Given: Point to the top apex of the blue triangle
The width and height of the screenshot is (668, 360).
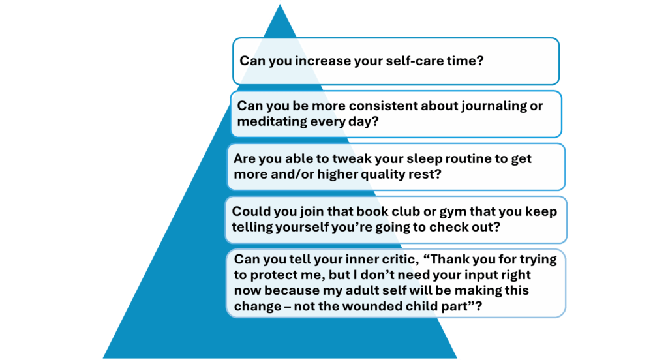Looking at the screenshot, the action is click(280, 5).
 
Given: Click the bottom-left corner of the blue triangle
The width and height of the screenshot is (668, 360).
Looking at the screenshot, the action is click(103, 358).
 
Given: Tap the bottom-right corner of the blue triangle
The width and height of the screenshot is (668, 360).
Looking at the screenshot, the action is click(457, 358).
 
